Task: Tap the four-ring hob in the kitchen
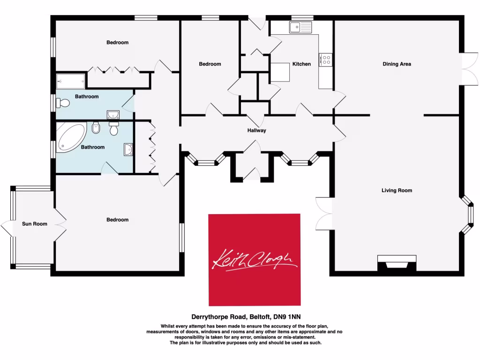[x=326, y=60]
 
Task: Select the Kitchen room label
[x=301, y=64]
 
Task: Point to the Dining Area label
[x=397, y=64]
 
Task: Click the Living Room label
[x=397, y=190]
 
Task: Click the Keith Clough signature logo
[x=254, y=259]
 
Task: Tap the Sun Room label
[x=35, y=224]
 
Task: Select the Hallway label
[x=256, y=131]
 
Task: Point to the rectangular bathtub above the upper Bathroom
[x=71, y=81]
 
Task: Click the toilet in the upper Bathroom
[x=62, y=103]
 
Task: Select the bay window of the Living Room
[x=467, y=215]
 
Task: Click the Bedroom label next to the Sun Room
[x=117, y=220]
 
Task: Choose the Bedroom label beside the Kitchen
[x=210, y=64]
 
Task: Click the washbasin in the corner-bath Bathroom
[x=128, y=149]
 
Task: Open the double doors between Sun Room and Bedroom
[x=59, y=224]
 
